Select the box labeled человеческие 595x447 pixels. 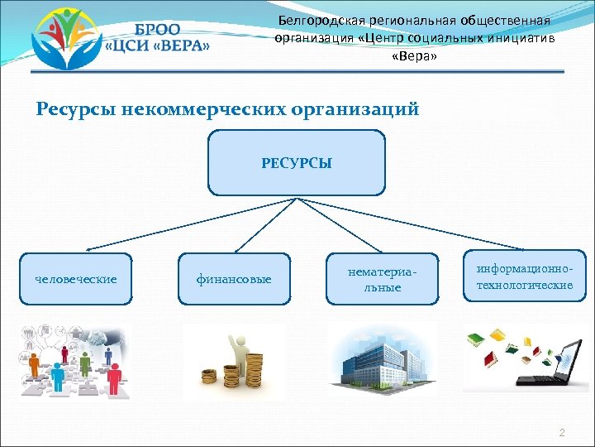76,279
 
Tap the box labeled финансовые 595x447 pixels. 234,279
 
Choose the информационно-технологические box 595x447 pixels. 524,277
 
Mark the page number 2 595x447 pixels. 562,433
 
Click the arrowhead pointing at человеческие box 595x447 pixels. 88,248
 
